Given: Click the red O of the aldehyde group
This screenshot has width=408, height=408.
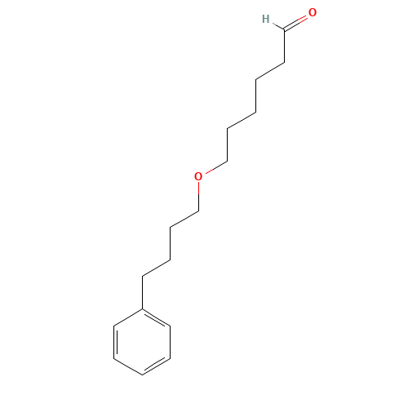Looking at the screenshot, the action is click(313, 12).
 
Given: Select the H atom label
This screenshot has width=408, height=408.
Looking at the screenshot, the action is click(265, 19).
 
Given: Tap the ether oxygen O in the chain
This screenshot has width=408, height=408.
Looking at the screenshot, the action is click(198, 176).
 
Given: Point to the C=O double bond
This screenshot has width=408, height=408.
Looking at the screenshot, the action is click(295, 23).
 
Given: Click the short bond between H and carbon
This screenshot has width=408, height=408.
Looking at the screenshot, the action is click(278, 27).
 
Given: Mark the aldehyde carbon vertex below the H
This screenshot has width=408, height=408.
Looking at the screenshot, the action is click(284, 29).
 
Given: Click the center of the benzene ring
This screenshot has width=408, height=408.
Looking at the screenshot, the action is click(142, 342).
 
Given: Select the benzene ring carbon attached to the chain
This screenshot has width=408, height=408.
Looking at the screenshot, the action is click(142, 309).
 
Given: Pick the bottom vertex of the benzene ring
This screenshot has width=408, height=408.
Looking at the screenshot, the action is click(142, 375).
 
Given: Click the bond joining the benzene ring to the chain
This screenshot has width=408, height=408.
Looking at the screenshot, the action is click(142, 293).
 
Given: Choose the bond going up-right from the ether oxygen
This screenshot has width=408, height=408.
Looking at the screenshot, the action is click(216, 167).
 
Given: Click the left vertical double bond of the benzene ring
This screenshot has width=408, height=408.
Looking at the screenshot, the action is click(115, 342).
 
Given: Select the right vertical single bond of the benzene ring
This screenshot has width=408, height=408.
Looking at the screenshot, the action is click(171, 342).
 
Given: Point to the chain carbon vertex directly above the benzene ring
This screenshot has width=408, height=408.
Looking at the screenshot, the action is click(142, 277).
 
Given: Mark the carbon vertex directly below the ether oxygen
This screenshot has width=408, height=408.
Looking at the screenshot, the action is click(198, 211).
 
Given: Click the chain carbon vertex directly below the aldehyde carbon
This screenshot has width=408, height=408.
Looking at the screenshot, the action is click(284, 63).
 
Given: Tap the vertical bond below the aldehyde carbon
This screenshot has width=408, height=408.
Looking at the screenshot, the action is click(284, 47).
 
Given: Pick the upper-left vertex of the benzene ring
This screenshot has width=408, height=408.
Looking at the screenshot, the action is click(113, 326).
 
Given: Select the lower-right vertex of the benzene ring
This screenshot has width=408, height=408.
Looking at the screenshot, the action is click(171, 358).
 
